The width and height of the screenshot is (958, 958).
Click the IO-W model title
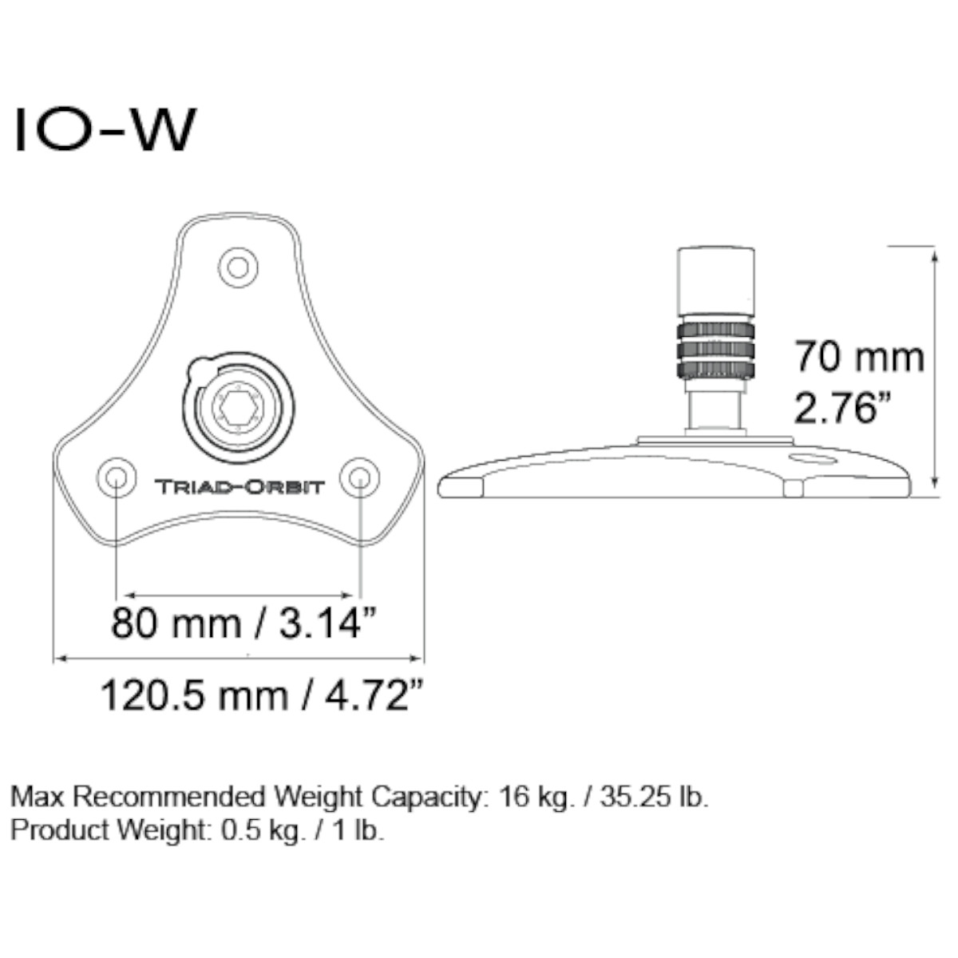[x=104, y=130]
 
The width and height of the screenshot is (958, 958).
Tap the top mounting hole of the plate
[x=238, y=266]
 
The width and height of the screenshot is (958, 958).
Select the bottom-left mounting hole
[x=116, y=477]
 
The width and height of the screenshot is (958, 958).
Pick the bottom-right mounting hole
[x=359, y=477]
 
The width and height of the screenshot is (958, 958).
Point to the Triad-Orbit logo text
[x=239, y=486]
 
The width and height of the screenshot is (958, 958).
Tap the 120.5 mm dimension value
[x=193, y=695]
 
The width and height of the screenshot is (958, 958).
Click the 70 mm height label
[x=859, y=356]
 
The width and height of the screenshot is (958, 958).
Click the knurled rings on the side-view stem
[x=716, y=350]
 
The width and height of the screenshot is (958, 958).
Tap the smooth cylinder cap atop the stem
[x=716, y=281]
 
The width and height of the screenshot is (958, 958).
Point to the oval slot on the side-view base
[x=811, y=458]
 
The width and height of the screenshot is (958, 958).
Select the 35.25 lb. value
[x=650, y=797]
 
